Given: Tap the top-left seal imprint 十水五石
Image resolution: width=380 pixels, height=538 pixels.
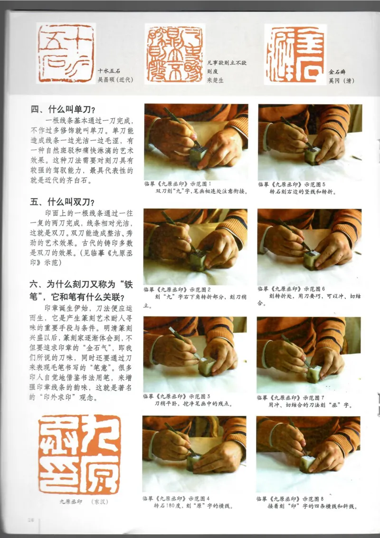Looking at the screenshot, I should (x=66, y=53).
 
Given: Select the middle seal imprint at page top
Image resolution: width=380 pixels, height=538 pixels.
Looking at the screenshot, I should (x=175, y=53).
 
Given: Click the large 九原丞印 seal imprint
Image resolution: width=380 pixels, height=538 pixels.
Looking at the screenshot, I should (x=80, y=454).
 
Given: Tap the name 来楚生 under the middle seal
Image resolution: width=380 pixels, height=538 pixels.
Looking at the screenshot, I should (x=215, y=80).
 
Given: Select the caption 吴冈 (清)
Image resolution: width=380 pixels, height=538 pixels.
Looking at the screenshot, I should (x=342, y=80).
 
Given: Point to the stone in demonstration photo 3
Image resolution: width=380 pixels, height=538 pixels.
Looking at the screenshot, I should (x=207, y=366).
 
